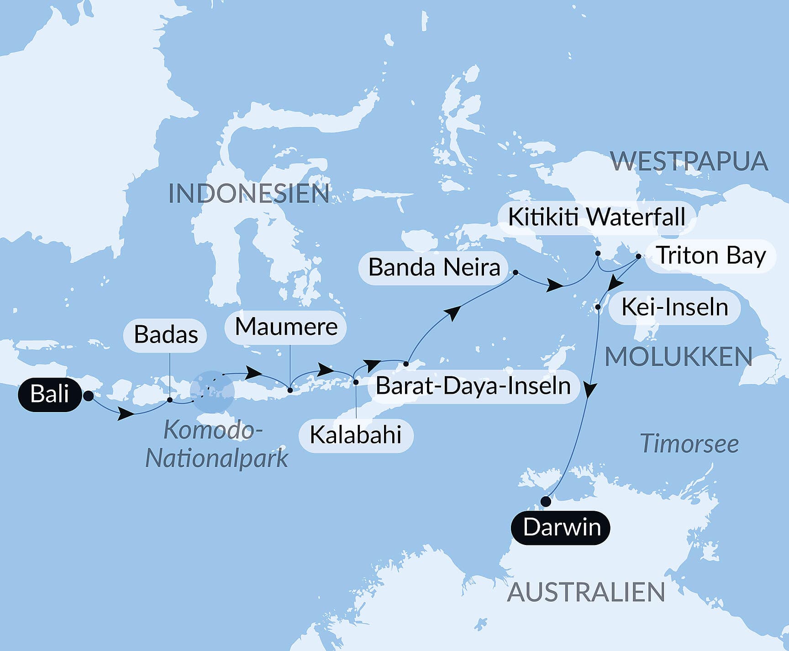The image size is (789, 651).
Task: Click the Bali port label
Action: coord(50,394)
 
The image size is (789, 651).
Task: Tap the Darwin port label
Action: coord(561,528)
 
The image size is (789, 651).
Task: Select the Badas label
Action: coord(165,335)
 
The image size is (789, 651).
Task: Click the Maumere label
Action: coord(286,327)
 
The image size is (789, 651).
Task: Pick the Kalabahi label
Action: coord(356,435)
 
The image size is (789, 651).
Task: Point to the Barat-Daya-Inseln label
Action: coord(473,386)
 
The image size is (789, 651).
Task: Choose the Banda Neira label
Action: coord(434,268)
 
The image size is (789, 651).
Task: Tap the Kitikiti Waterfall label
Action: coord(596,217)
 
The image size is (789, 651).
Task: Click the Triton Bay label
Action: coord(710,256)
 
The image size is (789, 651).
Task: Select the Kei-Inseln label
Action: coord(674,307)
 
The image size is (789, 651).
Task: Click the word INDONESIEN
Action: coord(249,194)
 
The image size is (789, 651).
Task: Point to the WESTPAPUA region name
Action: coord(689,161)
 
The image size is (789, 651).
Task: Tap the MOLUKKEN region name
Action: coord(679,357)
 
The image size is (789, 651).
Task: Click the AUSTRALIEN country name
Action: coord(586,593)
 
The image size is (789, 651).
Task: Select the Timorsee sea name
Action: coord(689,444)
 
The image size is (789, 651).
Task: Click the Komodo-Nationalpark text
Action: coord(216,444)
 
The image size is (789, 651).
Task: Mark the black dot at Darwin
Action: coord(546,502)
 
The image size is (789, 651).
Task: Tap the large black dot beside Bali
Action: coord(89,396)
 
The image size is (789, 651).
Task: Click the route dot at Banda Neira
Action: coord(515,272)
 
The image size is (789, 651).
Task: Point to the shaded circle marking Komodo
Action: coord(212,392)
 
